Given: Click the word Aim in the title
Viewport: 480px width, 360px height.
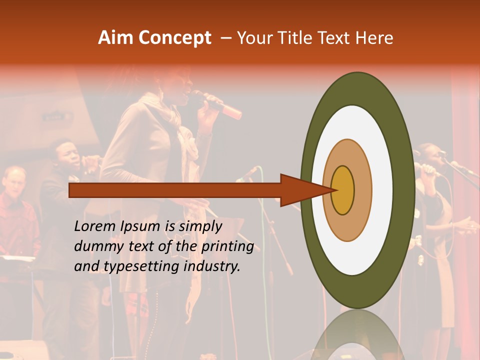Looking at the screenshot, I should pyautogui.click(x=116, y=38).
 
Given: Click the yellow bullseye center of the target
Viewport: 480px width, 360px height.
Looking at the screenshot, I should pyautogui.click(x=343, y=190).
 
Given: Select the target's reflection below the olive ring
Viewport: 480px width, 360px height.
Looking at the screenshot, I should pyautogui.click(x=357, y=337).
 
